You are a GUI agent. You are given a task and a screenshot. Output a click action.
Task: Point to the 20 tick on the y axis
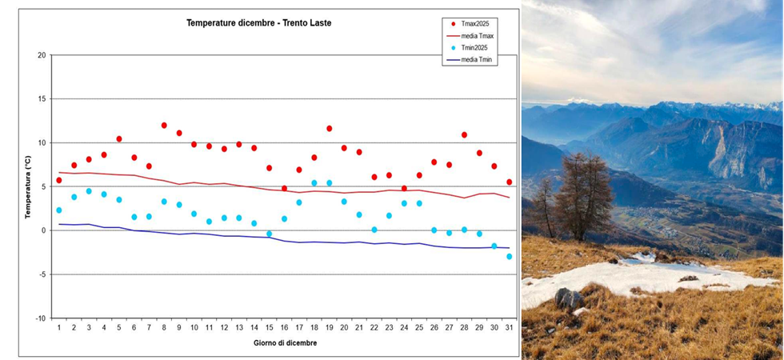(x=42, y=55)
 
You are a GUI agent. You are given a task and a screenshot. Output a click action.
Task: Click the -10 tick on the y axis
(x=40, y=318)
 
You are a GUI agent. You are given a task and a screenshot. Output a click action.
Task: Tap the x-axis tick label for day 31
(x=509, y=328)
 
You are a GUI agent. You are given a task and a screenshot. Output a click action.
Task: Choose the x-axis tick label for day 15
(x=269, y=328)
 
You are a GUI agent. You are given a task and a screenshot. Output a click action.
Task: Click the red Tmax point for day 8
(x=164, y=126)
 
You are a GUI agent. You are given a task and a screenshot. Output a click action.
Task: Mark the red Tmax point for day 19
(x=329, y=129)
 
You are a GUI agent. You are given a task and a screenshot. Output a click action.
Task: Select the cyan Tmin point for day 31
(x=509, y=257)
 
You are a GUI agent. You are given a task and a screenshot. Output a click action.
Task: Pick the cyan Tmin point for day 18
(x=314, y=183)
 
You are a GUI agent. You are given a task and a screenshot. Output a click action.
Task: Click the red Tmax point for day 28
(x=464, y=135)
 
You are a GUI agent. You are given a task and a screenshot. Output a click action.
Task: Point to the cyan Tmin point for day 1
(x=59, y=210)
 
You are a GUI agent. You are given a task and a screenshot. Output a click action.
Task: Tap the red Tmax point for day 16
(x=284, y=189)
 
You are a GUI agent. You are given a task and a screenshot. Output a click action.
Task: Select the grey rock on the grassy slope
(x=568, y=299)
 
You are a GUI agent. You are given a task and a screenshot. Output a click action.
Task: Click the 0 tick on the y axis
(x=43, y=230)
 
